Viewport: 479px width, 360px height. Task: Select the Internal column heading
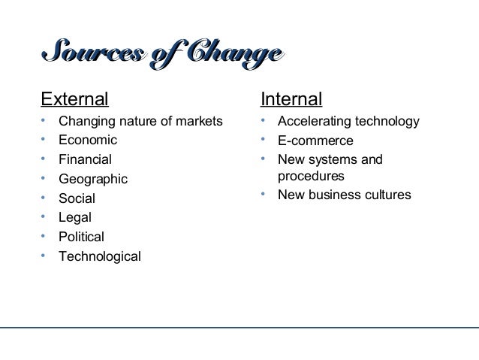coord(291,99)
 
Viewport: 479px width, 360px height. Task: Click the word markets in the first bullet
coord(200,121)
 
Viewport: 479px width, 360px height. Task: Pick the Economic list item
coord(88,141)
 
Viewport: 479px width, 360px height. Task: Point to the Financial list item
coord(86,160)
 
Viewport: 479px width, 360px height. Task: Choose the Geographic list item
coord(93,180)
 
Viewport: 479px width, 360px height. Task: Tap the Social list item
coord(77,199)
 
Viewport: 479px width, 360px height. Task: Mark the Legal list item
coord(76,219)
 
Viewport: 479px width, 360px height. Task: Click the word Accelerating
coord(314,121)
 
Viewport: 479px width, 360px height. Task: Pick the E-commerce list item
coord(315,141)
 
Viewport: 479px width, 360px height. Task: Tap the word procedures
coord(311,177)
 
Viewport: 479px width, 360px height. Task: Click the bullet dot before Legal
coord(44,219)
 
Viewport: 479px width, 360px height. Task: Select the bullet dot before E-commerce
coord(263,141)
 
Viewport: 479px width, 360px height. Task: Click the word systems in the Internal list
coord(333,160)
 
